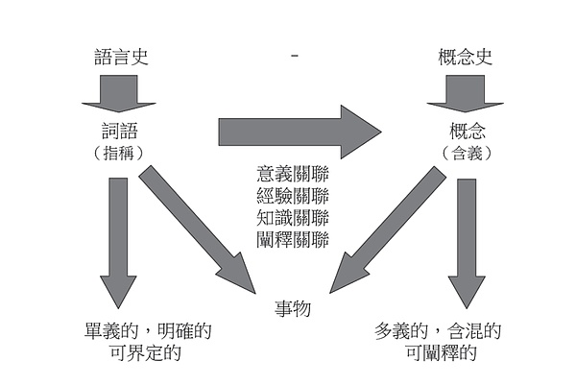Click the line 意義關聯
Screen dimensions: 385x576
click(293, 174)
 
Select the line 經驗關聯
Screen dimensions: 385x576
click(293, 195)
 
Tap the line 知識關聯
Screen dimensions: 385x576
click(293, 216)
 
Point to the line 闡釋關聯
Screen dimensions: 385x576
click(293, 237)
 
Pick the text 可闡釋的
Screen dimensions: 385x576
click(442, 353)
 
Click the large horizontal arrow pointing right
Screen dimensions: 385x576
click(298, 130)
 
